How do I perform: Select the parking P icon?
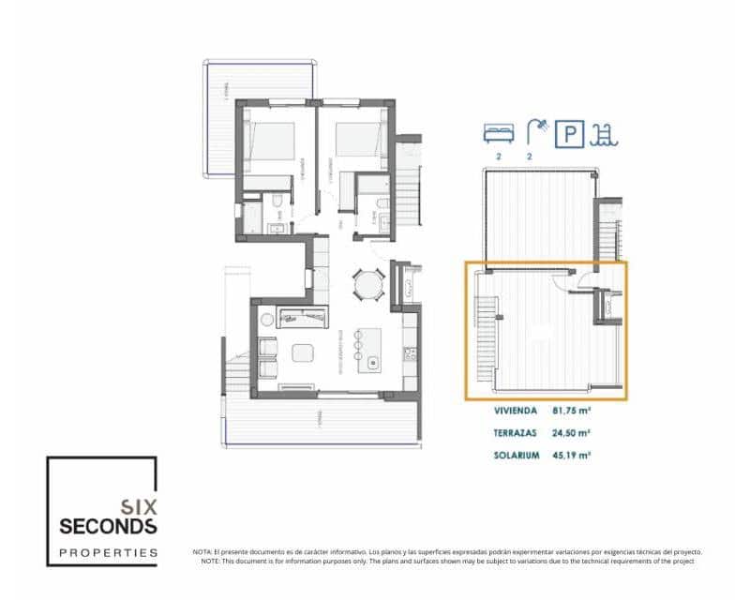(569, 134)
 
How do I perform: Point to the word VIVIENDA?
(515, 411)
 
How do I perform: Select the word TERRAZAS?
(515, 433)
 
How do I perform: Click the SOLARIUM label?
(516, 456)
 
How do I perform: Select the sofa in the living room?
(302, 319)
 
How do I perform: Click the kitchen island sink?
(374, 361)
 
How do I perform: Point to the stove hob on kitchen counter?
(409, 353)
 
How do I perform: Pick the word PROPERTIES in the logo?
(108, 552)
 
